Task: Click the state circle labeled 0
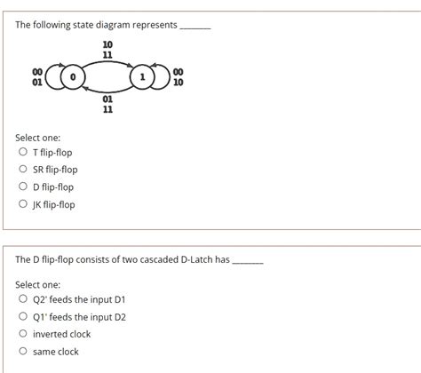(73, 79)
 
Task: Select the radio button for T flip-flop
(22, 152)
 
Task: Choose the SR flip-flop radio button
(22, 170)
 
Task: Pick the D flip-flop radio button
(22, 187)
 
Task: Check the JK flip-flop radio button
(22, 205)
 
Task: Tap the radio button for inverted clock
(22, 335)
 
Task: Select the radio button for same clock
(22, 353)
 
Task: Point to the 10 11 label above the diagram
(107, 50)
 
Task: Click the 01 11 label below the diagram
(107, 104)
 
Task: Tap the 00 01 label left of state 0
(36, 78)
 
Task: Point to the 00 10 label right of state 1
(178, 78)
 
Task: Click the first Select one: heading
(37, 138)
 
